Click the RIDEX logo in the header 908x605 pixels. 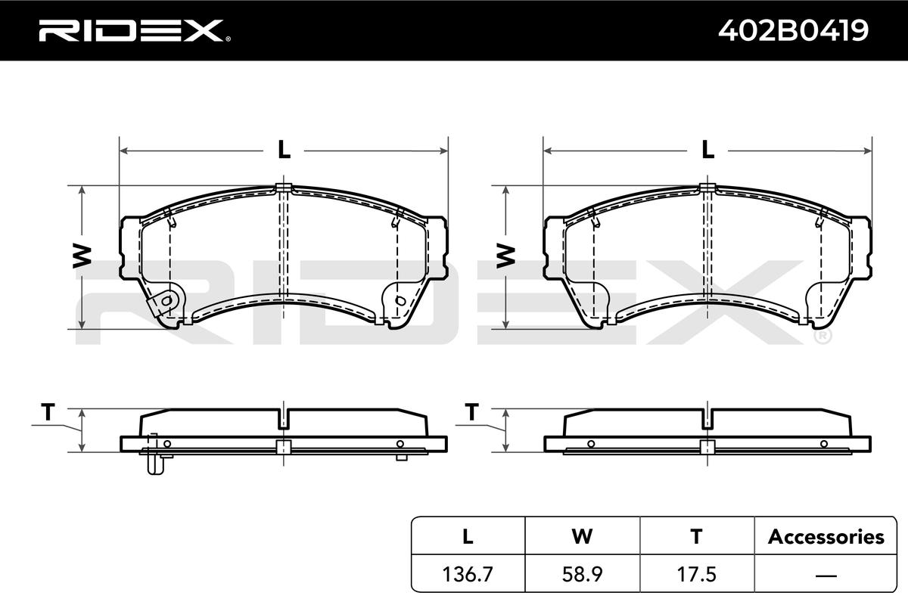pyautogui.click(x=135, y=31)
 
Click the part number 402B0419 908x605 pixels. pyautogui.click(x=793, y=30)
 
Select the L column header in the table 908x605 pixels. pyautogui.click(x=468, y=536)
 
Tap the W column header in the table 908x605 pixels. pyautogui.click(x=582, y=536)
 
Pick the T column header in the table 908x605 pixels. pyautogui.click(x=696, y=536)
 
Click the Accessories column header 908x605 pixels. pyautogui.click(x=826, y=536)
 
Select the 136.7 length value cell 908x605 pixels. pyautogui.click(x=468, y=574)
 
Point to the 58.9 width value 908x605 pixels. pyautogui.click(x=582, y=574)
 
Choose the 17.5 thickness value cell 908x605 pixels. pyautogui.click(x=696, y=574)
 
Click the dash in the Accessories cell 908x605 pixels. pyautogui.click(x=826, y=575)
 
